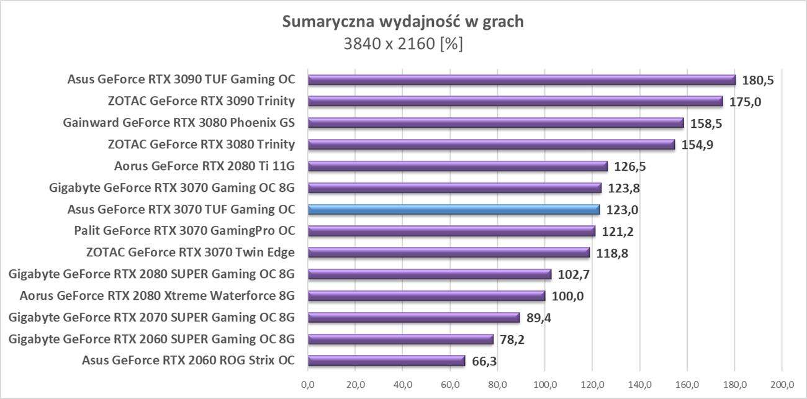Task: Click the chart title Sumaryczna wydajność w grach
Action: [x=403, y=22]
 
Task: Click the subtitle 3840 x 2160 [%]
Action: [x=403, y=45]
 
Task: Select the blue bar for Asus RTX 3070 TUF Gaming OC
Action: [x=453, y=210]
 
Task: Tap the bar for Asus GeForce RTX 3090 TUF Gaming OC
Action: [x=521, y=80]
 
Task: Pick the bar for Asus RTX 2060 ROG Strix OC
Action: [x=386, y=361]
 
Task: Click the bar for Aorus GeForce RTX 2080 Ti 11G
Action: [x=458, y=166]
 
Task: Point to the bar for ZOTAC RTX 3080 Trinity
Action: [x=491, y=145]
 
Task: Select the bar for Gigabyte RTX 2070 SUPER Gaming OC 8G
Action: [x=413, y=318]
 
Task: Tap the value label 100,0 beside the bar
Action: [x=567, y=296]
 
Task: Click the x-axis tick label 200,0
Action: [x=782, y=384]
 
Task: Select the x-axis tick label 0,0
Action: [x=308, y=384]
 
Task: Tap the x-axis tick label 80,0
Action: [x=497, y=384]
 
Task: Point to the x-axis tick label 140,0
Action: [x=639, y=384]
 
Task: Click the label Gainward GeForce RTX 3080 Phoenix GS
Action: [x=179, y=123]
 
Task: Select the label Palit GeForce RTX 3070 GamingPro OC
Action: [x=184, y=231]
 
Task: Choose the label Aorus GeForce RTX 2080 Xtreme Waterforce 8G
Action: [x=157, y=296]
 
